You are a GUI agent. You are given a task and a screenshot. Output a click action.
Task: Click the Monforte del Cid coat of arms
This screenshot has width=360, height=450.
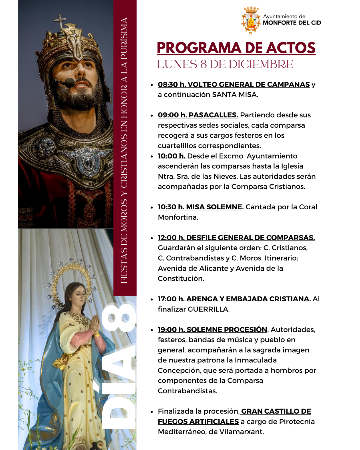pos(251,20)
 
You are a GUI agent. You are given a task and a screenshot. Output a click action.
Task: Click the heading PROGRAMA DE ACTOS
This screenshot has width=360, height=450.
pos(236,48)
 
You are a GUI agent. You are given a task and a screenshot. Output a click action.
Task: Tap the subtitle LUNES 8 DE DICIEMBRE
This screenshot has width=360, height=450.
pos(225,64)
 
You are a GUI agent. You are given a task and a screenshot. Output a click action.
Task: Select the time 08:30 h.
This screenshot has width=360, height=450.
pos(172,85)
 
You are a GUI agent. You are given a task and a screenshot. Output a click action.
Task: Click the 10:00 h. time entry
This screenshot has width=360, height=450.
pos(171,156)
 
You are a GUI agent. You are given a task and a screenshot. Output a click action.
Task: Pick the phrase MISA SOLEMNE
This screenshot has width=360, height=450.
pos(215,207)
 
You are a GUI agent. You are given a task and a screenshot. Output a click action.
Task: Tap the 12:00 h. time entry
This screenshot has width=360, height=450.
pos(171,238)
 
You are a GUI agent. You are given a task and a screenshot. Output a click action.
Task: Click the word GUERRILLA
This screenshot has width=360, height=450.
pos(208,309)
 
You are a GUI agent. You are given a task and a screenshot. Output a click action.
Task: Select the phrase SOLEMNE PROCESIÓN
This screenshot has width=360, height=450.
pos(227,330)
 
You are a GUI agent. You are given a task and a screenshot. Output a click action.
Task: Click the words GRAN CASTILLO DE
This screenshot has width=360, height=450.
pos(276,411)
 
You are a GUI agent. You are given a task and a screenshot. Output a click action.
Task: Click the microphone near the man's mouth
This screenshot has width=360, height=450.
pos(69,82)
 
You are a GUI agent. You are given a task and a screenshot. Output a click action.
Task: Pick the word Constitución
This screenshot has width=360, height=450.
pos(181,279)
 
